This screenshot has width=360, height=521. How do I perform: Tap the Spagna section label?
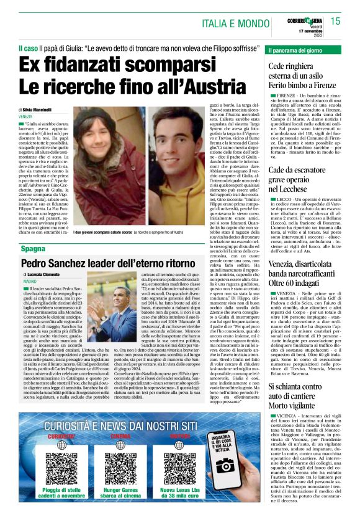(34, 248)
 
